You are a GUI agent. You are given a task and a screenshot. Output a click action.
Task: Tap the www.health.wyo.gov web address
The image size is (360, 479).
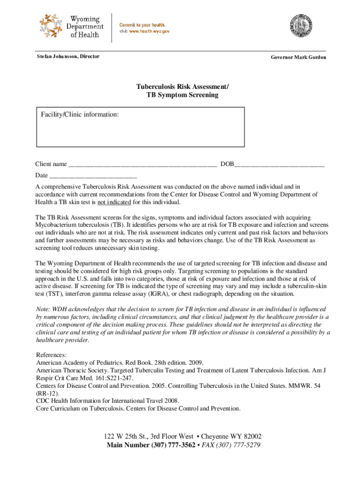tap(149, 31)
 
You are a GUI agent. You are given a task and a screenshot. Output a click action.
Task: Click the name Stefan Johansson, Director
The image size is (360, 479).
tap(68, 56)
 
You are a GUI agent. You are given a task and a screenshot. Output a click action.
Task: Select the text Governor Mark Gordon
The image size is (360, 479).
tap(298, 57)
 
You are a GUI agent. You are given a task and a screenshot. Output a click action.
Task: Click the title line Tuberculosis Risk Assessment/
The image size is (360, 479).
tap(182, 87)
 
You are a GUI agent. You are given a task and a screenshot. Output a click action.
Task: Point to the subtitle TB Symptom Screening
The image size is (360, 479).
tap(182, 95)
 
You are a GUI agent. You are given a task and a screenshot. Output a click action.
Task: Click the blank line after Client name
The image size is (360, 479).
tap(142, 165)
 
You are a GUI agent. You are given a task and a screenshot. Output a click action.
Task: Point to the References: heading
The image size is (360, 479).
tap(51, 355)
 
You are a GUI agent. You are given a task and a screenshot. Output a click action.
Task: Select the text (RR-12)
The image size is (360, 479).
tap(48, 393)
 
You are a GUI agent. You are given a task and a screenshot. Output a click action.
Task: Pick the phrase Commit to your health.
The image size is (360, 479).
tap(142, 24)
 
